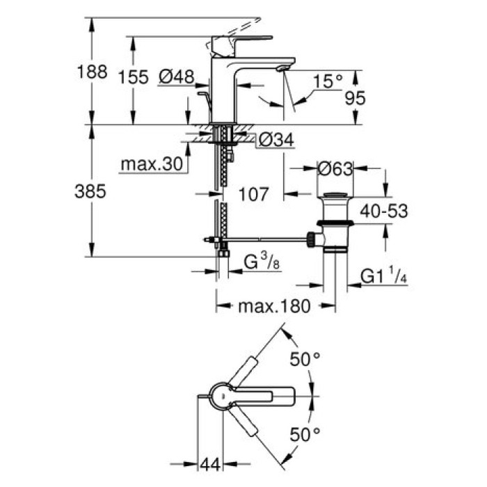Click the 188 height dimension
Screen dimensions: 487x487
(92, 72)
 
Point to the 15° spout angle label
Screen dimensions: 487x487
(327, 82)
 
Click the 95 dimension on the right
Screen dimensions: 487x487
(355, 99)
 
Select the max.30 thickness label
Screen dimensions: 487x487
(150, 164)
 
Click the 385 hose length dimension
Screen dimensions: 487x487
(90, 192)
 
